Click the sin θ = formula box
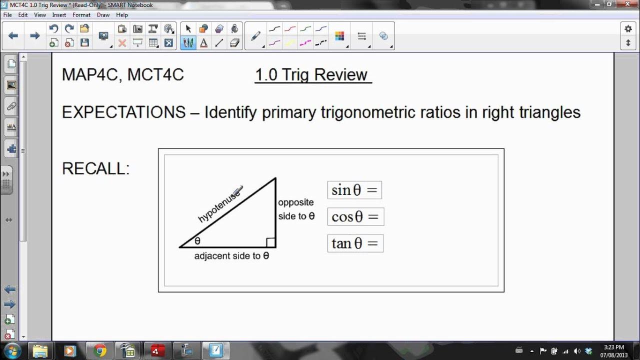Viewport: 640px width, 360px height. click(354, 190)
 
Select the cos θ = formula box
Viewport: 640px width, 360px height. click(355, 216)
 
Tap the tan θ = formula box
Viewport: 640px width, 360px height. click(355, 243)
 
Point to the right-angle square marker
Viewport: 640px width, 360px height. click(270, 242)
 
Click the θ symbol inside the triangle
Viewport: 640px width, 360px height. click(197, 241)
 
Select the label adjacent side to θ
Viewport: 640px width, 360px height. click(231, 256)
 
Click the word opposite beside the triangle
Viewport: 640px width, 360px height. click(296, 202)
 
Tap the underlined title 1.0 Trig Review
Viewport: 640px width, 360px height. click(311, 74)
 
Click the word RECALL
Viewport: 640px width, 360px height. click(95, 168)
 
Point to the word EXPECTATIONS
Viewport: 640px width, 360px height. click(123, 112)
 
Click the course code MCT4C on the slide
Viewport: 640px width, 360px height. click(155, 74)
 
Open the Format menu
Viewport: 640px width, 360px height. click(81, 15)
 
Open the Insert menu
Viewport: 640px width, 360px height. click(59, 15)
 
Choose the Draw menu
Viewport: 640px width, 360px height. click(103, 15)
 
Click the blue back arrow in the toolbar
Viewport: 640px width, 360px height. click(13, 35)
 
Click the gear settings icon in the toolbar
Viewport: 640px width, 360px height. click(628, 29)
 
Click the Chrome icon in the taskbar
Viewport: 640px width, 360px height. click(99, 350)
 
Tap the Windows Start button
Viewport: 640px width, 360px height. click(12, 350)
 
